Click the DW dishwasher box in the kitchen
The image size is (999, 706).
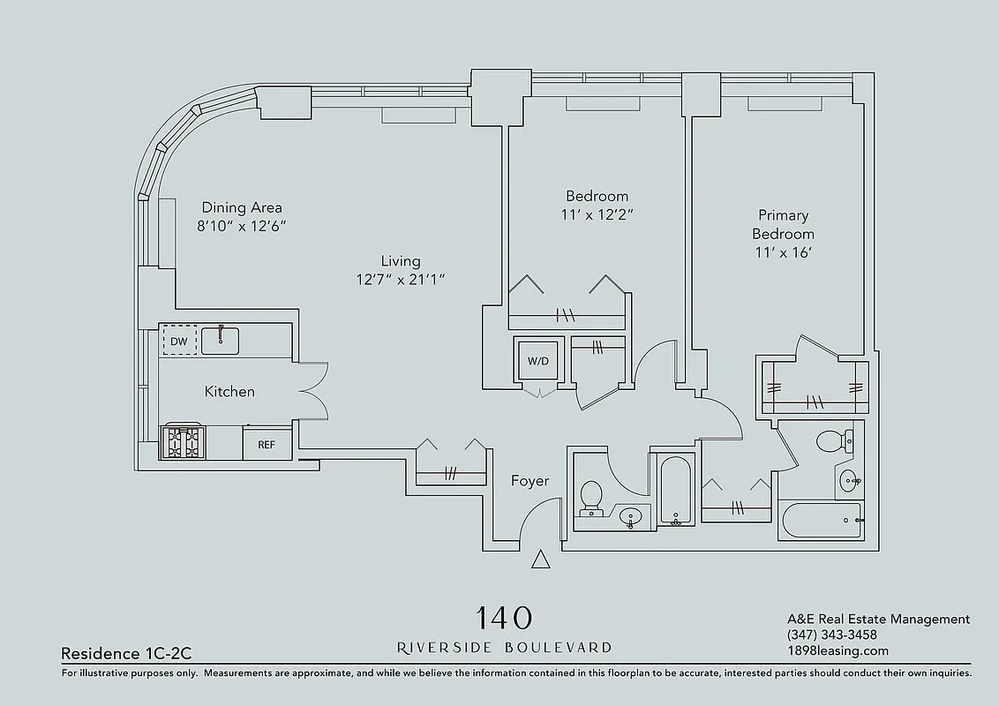pyautogui.click(x=178, y=341)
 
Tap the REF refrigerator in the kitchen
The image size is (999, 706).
pyautogui.click(x=267, y=444)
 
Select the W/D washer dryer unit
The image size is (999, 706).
pyautogui.click(x=537, y=360)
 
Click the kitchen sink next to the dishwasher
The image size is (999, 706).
pyautogui.click(x=221, y=340)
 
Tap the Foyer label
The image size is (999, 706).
pyautogui.click(x=530, y=481)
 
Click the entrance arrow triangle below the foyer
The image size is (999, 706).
pyautogui.click(x=541, y=560)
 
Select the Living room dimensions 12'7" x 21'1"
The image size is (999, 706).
pyautogui.click(x=400, y=280)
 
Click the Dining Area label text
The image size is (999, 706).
pyautogui.click(x=242, y=208)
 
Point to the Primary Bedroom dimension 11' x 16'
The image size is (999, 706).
pyautogui.click(x=783, y=252)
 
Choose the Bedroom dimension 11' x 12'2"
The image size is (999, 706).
pyautogui.click(x=597, y=214)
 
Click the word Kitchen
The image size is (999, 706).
pyautogui.click(x=229, y=392)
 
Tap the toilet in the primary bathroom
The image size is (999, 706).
pyautogui.click(x=830, y=439)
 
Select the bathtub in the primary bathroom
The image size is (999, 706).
pyautogui.click(x=820, y=520)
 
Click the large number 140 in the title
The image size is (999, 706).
pyautogui.click(x=504, y=617)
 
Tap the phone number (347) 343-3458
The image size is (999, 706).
pyautogui.click(x=831, y=635)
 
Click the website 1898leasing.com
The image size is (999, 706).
pyautogui.click(x=838, y=651)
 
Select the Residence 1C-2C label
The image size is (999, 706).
pyautogui.click(x=126, y=654)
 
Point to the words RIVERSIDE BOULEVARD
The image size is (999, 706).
pyautogui.click(x=504, y=648)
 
